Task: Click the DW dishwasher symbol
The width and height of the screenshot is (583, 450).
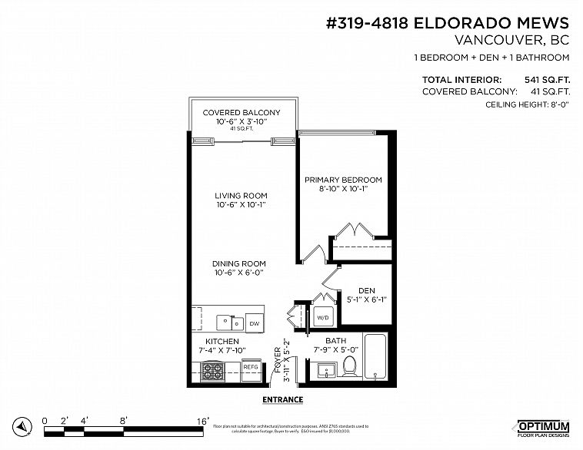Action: pos(254,324)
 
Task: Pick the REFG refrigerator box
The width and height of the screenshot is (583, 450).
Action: pos(252,368)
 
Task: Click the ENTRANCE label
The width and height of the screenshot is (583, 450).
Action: pos(283,399)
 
